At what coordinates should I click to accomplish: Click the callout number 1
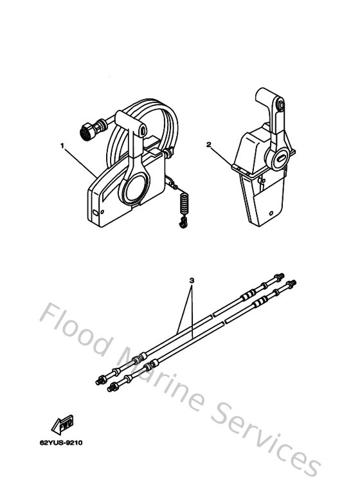point(62,145)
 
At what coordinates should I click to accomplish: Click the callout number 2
point(209,145)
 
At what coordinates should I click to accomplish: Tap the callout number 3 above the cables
point(192,280)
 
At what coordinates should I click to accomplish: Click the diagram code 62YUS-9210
point(61,442)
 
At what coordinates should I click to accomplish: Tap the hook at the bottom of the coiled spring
point(183,222)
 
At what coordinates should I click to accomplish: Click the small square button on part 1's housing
point(96,212)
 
